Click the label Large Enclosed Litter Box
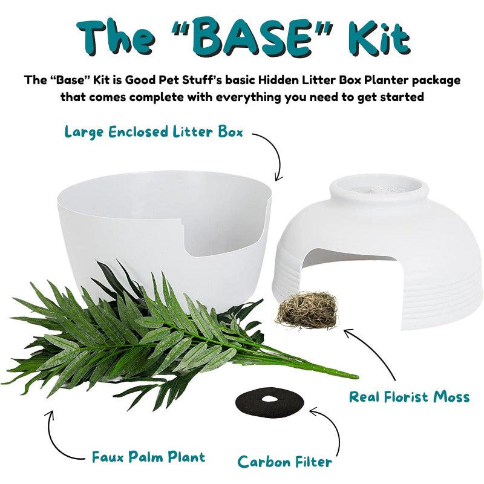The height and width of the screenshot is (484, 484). coord(154,132)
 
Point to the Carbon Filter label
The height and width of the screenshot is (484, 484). coord(285,462)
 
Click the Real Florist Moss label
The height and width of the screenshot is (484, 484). coord(410,397)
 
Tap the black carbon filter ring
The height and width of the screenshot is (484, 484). coord(270,401)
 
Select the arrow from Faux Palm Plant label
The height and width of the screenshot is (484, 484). coord(55,438)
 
